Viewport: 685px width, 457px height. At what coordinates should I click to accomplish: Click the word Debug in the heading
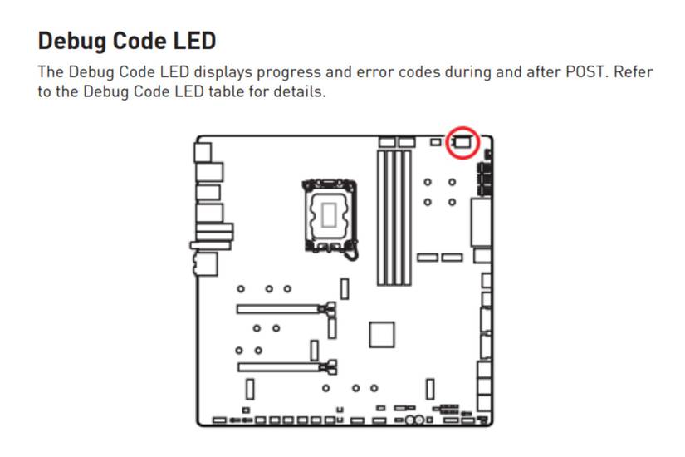(x=72, y=42)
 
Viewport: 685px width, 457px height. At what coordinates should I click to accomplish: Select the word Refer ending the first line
(x=634, y=71)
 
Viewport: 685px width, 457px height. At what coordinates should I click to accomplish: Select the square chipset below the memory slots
(x=382, y=335)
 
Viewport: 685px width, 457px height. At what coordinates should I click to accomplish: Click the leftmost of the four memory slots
(x=382, y=218)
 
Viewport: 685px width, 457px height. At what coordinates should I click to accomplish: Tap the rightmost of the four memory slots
(x=407, y=218)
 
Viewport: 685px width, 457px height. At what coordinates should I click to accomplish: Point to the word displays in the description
(x=223, y=72)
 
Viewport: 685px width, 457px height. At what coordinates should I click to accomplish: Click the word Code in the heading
(x=139, y=41)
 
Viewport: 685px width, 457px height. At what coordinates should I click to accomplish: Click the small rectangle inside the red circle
(x=462, y=142)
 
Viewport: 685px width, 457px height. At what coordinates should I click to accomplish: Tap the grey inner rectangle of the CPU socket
(x=330, y=215)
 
